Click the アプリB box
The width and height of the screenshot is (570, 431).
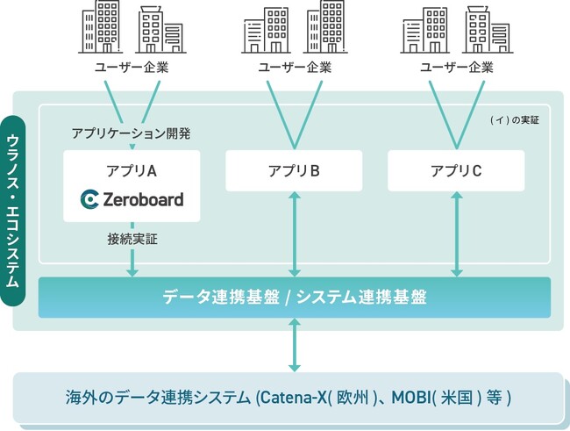pos(294,171)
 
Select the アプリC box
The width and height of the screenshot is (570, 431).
pos(456,171)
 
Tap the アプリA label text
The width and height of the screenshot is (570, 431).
pos(132,170)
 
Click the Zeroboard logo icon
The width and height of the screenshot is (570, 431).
pos(89,200)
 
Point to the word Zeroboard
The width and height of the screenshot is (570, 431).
pos(143,200)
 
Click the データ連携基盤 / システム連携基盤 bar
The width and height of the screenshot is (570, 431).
pos(295,297)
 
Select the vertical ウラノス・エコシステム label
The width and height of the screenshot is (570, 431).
pos(14,211)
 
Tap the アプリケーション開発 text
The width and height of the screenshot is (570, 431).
pos(131,134)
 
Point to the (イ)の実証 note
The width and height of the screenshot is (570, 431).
pos(515,119)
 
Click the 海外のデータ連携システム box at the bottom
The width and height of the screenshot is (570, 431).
pos(288,398)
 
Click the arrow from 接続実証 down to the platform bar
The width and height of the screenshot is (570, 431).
pos(132,262)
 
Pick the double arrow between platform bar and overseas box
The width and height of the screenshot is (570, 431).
pos(295,344)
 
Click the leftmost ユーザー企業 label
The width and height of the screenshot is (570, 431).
pos(132,68)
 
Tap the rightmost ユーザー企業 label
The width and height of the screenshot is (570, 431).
pos(456,68)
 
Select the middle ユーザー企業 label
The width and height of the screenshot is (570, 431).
pos(294,68)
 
